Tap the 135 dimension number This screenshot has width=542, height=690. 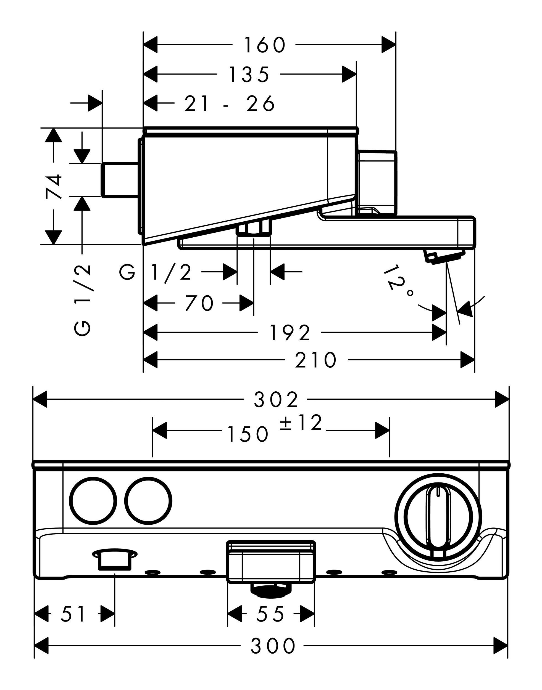249,75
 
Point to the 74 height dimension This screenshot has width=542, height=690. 54,187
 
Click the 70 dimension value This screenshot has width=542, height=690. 199,303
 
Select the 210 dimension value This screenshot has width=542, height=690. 315,360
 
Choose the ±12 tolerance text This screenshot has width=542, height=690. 301,423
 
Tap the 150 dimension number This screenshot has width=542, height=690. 248,434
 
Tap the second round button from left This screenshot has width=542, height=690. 148,501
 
